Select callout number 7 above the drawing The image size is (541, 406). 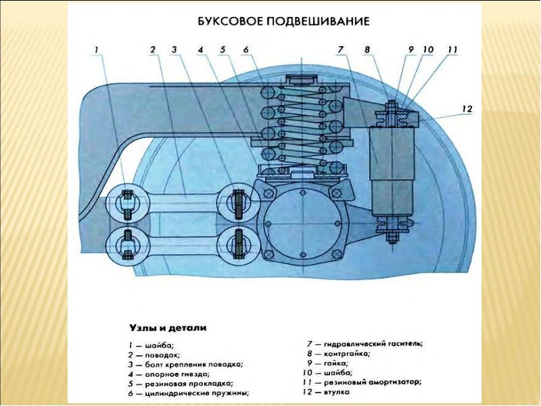coord(342,49)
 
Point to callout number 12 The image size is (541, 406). coord(467,108)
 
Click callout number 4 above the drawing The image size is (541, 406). coord(200,49)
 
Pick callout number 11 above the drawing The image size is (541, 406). coord(452,49)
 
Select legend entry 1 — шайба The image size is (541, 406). coord(139,344)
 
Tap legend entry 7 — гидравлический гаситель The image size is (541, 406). coord(365,344)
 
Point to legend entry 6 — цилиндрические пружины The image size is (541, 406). coord(179,392)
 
